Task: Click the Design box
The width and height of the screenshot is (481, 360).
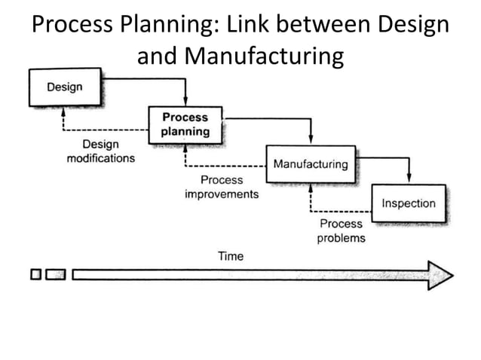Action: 65,87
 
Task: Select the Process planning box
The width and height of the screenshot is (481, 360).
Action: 185,124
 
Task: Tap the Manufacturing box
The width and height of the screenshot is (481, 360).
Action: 310,163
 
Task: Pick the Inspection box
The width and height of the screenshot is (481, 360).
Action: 408,203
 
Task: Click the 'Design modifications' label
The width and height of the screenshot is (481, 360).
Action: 100,151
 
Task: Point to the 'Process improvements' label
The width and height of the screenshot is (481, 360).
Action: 222,187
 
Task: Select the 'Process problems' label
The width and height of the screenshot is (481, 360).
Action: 341,230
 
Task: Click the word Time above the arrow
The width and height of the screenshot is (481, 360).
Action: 231,256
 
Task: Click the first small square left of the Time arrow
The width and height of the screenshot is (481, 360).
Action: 36,275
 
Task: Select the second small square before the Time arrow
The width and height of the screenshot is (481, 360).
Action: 55,275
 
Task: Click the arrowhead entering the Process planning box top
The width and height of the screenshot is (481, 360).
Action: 185,104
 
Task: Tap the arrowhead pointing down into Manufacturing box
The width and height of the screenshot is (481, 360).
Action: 310,142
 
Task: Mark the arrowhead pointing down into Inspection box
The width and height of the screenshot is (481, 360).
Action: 408,180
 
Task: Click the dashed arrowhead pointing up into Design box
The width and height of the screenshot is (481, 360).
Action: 65,110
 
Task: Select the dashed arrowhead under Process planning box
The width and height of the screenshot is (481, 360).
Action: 185,148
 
